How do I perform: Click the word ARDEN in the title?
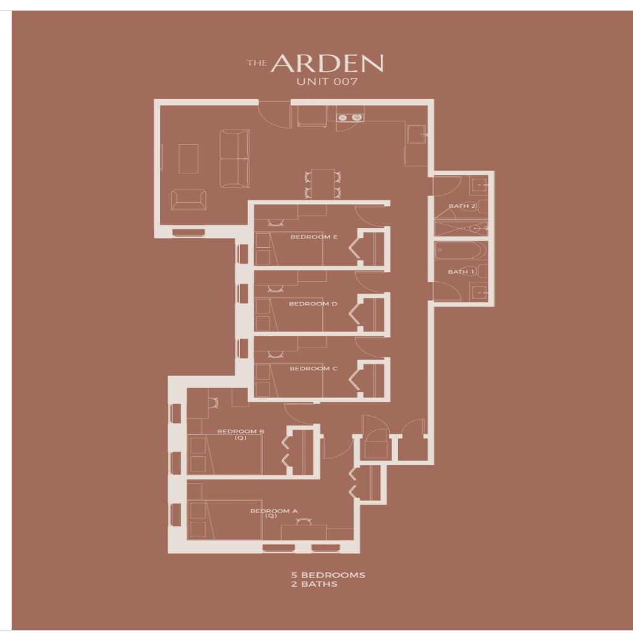coord(327,64)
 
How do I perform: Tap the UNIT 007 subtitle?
coord(327,82)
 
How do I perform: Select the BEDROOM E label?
coord(313,237)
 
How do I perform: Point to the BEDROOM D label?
coord(313,304)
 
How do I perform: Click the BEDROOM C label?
coord(313,368)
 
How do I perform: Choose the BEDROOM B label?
coord(240,434)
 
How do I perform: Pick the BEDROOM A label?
coord(274,513)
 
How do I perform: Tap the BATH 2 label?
coord(462,206)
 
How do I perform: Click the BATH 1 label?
coord(461,272)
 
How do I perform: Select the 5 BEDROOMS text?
coord(328,575)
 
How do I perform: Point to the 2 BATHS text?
coord(313,584)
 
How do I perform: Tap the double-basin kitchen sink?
coord(350,117)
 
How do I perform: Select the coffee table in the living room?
coord(188,159)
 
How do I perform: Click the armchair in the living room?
coord(189,200)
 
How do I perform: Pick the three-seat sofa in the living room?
coord(234,158)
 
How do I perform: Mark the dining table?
coord(323,184)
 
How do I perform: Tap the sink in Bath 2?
coord(479,185)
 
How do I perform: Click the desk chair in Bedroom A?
coord(303,522)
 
